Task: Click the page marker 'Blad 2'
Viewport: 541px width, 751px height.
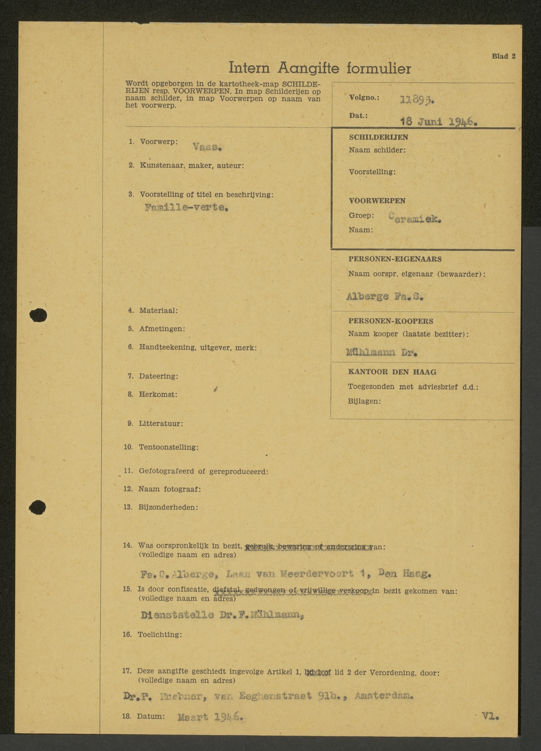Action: pos(503,56)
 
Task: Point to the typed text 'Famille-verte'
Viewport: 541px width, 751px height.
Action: pos(186,208)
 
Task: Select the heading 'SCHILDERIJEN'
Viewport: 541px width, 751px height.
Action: pos(379,138)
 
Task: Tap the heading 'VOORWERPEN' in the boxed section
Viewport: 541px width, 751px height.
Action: pos(377,201)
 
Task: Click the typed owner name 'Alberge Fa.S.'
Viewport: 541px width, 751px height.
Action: pos(385,297)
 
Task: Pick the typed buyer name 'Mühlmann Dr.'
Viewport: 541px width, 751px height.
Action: pos(382,353)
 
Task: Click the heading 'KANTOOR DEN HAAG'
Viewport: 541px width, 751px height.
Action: pos(392,372)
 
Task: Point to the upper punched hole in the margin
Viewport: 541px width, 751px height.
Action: pos(38,315)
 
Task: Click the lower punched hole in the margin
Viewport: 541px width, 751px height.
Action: pos(37,507)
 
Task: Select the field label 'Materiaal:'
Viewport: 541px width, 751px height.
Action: pos(159,311)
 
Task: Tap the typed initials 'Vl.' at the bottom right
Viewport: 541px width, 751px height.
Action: pos(490,716)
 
